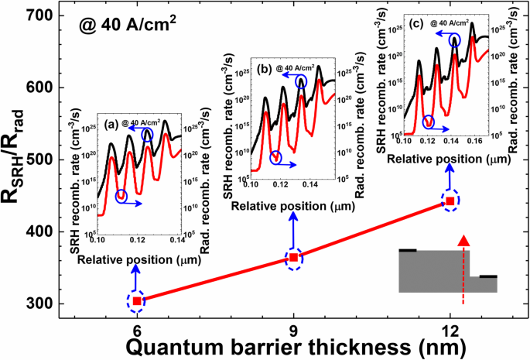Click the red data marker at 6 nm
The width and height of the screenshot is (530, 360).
coord(137,300)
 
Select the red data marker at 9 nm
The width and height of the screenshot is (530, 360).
coord(294,258)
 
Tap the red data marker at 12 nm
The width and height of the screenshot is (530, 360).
coord(450,201)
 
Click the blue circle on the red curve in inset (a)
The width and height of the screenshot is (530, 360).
coord(121,197)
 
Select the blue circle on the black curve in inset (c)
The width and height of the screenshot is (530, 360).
coord(454,40)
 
